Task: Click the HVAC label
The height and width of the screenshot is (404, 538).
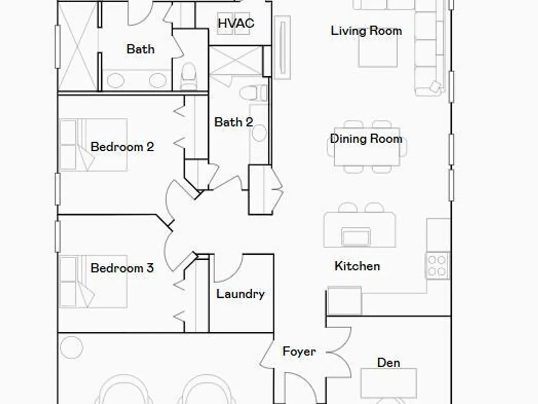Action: pos(236,23)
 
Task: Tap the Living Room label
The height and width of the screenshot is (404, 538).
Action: pos(366,31)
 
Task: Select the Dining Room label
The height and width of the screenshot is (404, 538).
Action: pos(366,139)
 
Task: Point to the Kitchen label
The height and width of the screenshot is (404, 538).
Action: pos(357,266)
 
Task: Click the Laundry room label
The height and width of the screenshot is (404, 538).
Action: pos(240,294)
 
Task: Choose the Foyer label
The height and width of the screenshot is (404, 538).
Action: pos(299,351)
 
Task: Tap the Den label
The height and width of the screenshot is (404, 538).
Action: pos(388,363)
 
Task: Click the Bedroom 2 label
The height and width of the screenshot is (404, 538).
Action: pos(122,147)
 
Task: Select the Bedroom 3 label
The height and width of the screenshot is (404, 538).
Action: pos(122,268)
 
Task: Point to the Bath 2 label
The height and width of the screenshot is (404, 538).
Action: pos(233,122)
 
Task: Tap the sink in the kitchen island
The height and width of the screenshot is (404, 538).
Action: pos(356,236)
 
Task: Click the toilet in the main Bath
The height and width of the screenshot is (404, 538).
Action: pos(188,76)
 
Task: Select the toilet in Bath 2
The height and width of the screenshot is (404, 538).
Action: pos(253,93)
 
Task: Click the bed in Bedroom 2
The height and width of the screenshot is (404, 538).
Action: pos(93,144)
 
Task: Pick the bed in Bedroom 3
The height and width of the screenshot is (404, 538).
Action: pos(93,281)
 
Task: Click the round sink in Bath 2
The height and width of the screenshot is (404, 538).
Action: pos(259,133)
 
